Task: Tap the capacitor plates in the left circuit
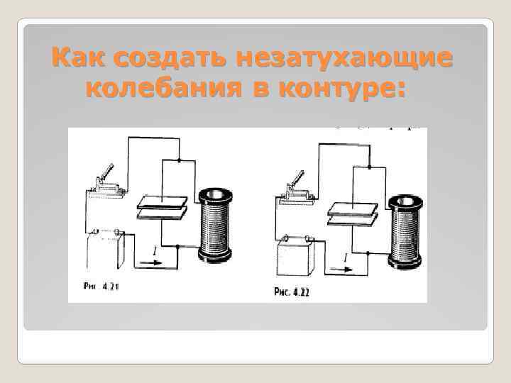163,206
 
